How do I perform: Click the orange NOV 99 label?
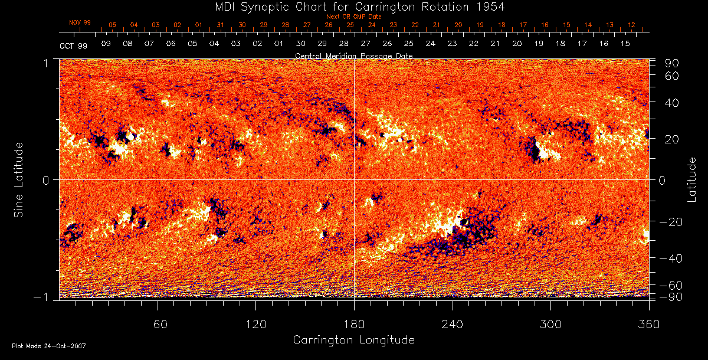tap(80, 22)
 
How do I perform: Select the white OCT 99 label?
tap(74, 45)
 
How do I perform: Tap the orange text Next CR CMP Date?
tap(354, 17)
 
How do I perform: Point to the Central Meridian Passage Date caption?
tap(353, 56)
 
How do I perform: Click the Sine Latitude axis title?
tap(19, 179)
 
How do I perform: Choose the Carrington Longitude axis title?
tap(353, 340)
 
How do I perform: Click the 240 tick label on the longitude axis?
tap(452, 325)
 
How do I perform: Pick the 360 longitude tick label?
tap(649, 325)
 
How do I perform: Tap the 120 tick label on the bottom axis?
tap(255, 325)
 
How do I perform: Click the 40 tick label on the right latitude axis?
tap(674, 103)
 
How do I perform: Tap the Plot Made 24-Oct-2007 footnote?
tap(49, 345)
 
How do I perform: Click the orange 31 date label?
tap(220, 25)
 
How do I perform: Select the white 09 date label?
tap(106, 44)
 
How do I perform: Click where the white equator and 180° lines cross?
tap(354, 179)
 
